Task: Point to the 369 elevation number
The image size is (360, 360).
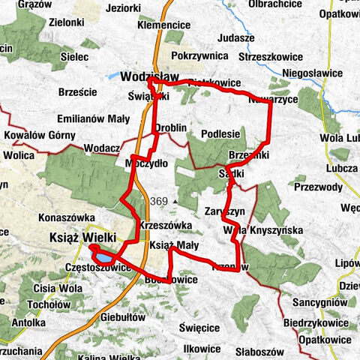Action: click(157, 201)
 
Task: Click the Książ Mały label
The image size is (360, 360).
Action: click(174, 245)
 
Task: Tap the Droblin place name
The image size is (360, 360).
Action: click(170, 128)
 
